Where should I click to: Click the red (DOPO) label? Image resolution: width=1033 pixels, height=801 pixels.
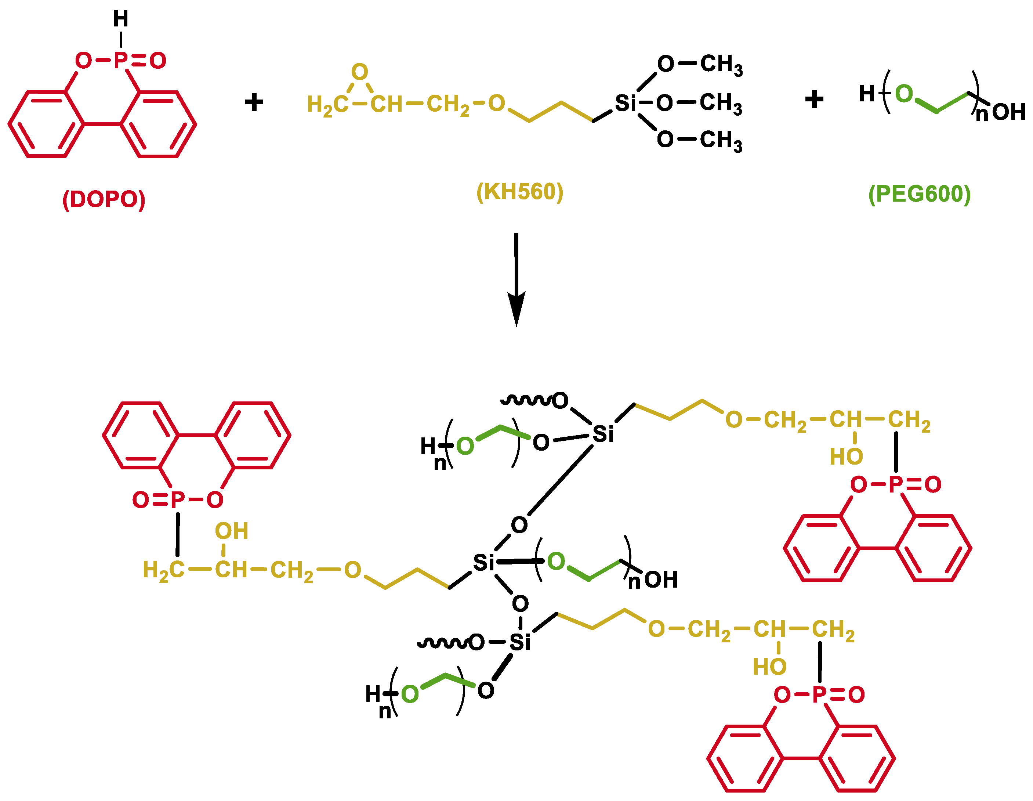pos(104,200)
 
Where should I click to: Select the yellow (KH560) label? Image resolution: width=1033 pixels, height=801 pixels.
pos(520,192)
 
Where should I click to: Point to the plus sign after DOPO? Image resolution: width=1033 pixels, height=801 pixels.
pos(254,102)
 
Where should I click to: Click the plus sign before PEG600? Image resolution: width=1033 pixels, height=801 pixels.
pos(814,100)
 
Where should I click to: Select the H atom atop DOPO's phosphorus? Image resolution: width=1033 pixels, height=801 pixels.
pos(121,19)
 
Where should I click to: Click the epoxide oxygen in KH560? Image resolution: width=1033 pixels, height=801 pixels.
pos(359,72)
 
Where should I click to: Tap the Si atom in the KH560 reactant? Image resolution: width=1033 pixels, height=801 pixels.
pos(625,103)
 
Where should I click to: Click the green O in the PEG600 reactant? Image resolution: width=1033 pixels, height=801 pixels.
pos(904,94)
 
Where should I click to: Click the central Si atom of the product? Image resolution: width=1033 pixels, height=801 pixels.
pos(483,563)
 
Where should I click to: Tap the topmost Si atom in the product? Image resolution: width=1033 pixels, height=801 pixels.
pos(603,434)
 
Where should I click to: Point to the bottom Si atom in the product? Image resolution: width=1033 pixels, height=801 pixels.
pos(519,642)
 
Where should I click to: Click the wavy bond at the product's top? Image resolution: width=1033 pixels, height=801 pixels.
pos(526,401)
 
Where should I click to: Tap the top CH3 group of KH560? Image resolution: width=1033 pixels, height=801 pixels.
pos(721,64)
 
